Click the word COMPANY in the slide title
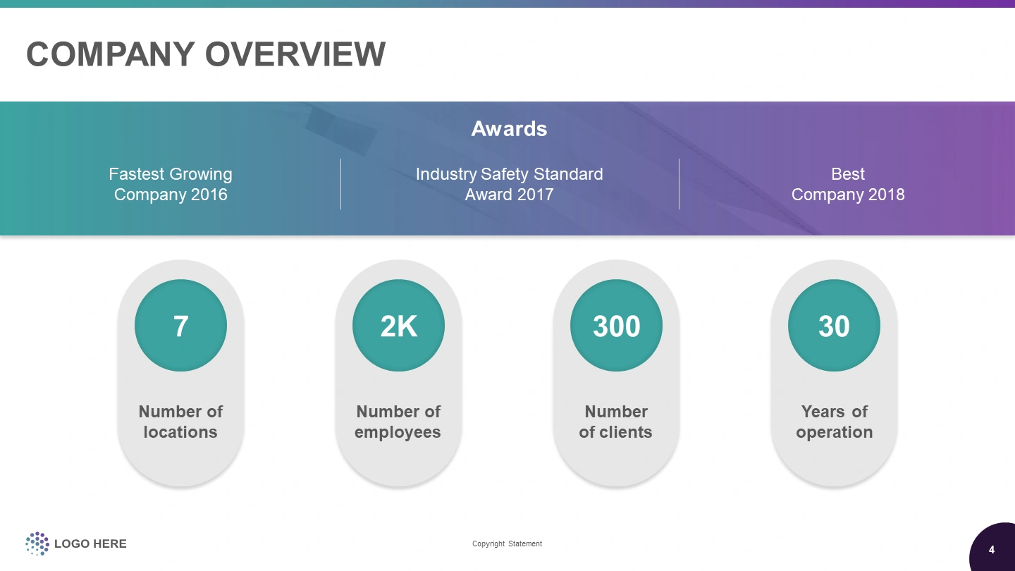click(111, 54)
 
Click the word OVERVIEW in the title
click(295, 54)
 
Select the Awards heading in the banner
click(509, 129)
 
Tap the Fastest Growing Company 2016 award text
click(171, 184)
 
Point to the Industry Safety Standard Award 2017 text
click(510, 184)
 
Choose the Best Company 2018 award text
click(848, 184)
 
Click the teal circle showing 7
click(180, 326)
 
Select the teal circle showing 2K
click(399, 326)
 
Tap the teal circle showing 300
click(616, 326)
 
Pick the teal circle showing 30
click(835, 326)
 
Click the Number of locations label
click(180, 422)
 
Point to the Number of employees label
click(398, 422)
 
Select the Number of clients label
click(616, 422)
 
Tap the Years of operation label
click(835, 422)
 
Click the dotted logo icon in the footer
click(37, 544)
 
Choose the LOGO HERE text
click(90, 544)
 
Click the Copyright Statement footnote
click(507, 544)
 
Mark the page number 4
click(992, 550)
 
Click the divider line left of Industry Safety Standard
click(340, 184)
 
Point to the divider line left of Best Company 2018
click(679, 184)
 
